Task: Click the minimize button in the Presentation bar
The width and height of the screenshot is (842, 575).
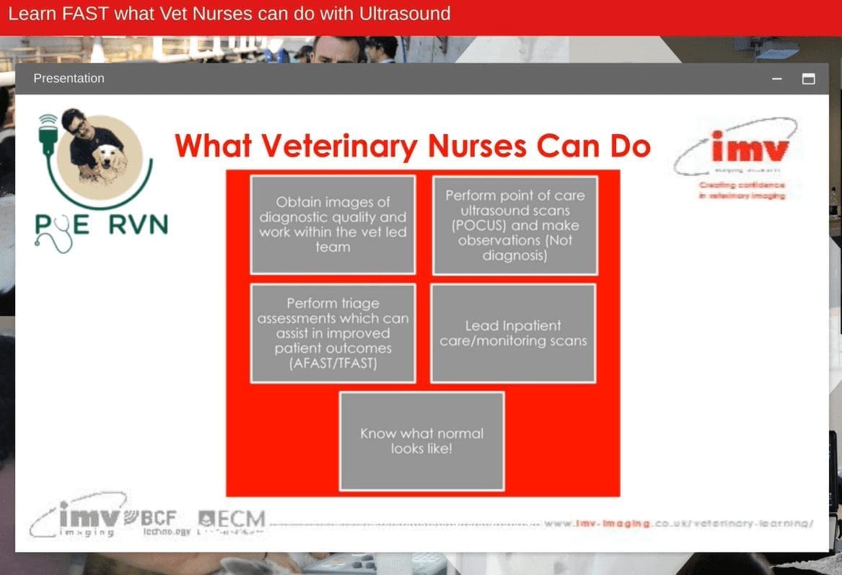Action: tap(777, 79)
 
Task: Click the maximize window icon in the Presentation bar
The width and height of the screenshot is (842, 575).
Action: tap(809, 79)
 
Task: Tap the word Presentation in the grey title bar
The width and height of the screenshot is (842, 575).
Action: tap(69, 78)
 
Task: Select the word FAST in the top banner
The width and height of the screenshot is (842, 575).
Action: tap(76, 13)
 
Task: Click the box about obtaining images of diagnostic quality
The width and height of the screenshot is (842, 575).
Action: tap(333, 224)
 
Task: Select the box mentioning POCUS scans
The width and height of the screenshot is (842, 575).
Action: tap(514, 225)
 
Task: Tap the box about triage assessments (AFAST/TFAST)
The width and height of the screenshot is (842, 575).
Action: tap(333, 333)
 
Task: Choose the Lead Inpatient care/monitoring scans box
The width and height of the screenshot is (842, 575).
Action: tap(513, 333)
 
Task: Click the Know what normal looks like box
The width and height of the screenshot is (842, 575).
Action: tap(421, 441)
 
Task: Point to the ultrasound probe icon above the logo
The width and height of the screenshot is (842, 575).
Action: tap(48, 134)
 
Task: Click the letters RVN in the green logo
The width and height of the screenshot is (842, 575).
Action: tap(138, 225)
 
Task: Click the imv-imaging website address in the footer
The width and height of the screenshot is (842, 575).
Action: tap(678, 523)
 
